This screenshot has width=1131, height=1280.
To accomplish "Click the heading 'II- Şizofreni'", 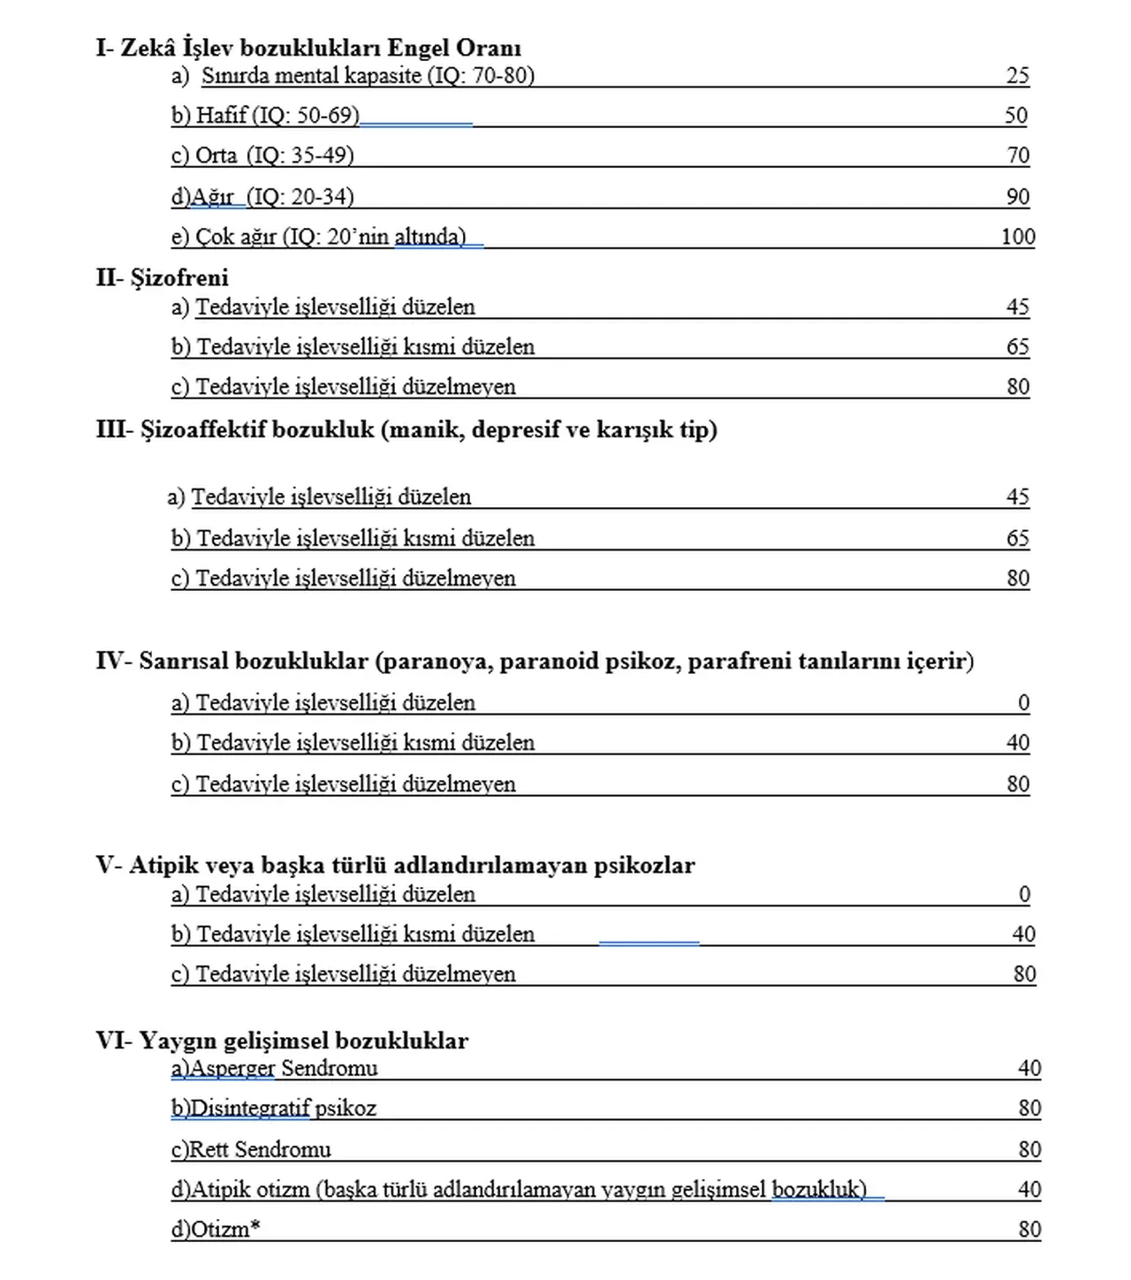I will tap(163, 278).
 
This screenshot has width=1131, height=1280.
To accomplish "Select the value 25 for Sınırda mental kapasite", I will tap(1018, 76).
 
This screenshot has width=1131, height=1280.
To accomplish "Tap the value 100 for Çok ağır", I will tap(1018, 237).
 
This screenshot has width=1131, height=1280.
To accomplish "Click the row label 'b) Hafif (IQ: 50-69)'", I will tap(265, 116).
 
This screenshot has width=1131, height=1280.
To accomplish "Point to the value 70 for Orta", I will tap(1018, 155).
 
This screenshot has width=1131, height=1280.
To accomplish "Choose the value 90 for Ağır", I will tap(1018, 196).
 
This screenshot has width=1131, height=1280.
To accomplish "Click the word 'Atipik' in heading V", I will tap(163, 865).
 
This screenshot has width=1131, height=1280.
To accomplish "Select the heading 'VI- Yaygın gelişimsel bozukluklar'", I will tap(282, 1041).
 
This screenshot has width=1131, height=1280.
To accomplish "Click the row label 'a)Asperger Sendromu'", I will tap(275, 1069).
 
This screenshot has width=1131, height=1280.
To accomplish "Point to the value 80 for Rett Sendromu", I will tap(1029, 1149).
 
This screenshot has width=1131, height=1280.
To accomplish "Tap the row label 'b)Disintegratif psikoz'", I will tap(274, 1109).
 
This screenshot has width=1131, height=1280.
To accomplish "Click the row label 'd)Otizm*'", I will tap(216, 1229).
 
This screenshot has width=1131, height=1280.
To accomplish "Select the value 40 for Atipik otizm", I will tap(1029, 1189).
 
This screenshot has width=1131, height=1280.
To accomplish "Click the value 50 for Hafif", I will tap(1016, 116).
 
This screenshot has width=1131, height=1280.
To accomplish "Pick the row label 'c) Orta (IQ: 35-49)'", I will tap(262, 155).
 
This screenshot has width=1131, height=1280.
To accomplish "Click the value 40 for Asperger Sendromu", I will tap(1029, 1069).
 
